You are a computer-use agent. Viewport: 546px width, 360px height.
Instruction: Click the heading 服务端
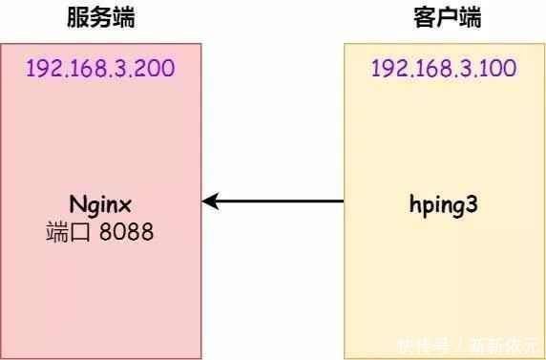100,18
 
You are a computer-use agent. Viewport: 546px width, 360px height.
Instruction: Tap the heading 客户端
447,18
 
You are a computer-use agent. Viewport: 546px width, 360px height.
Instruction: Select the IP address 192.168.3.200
100,69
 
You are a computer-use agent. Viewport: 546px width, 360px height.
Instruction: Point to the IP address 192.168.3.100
445,69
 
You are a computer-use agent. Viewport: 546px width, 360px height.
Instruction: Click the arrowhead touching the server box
210,201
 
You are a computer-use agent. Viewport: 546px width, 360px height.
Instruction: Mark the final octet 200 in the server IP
155,69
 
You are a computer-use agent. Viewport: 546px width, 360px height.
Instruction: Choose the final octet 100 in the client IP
499,69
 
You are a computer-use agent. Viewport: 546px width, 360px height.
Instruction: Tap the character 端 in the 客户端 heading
469,18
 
